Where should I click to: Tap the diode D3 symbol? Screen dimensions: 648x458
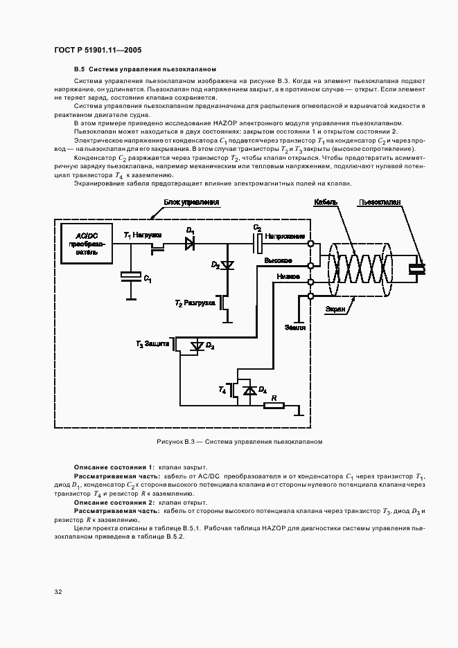[x=198, y=345]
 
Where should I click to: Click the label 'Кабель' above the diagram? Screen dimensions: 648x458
[x=326, y=202]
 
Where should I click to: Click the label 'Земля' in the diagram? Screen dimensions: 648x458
[x=294, y=327]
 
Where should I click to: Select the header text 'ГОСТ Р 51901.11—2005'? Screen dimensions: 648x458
[x=98, y=51]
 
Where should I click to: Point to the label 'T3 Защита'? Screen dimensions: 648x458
[x=152, y=343]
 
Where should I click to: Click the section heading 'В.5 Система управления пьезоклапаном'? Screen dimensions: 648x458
[x=146, y=69]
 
